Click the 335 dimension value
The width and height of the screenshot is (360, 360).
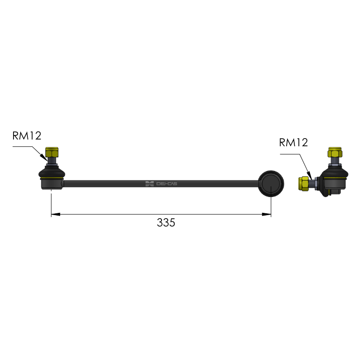point(166,222)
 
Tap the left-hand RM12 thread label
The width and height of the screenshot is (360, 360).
point(27,136)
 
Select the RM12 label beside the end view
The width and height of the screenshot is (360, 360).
point(293,143)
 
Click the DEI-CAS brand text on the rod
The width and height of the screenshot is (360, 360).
point(166,184)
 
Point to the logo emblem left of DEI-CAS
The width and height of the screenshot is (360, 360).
point(149,184)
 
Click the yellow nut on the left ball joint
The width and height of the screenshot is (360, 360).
point(52,152)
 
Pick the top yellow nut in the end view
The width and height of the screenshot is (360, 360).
point(335,153)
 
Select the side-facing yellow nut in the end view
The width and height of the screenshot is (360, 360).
point(303,183)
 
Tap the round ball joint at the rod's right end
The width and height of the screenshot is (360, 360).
point(271,184)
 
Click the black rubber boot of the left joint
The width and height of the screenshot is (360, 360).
point(52,172)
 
